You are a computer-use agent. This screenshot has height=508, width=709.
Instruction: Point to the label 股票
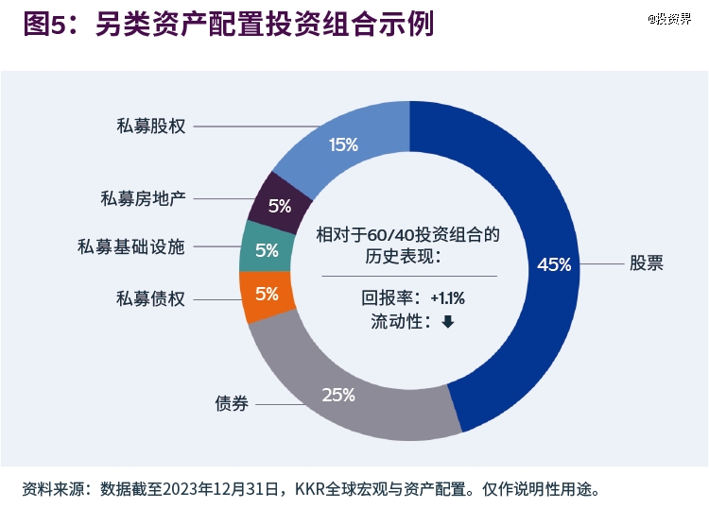(x=647, y=263)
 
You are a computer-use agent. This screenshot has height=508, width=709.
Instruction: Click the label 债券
(x=232, y=404)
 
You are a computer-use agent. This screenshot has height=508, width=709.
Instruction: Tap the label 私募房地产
(x=144, y=198)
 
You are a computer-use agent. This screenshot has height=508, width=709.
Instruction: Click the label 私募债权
(x=151, y=298)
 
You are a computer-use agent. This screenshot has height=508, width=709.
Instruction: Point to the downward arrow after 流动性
(x=447, y=322)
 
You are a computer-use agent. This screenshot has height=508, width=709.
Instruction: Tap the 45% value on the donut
(x=554, y=264)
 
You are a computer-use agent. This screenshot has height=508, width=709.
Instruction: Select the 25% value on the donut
(x=337, y=395)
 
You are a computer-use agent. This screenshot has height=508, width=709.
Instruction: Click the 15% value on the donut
(x=343, y=144)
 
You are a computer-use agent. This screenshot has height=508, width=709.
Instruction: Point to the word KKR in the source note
(x=311, y=489)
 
